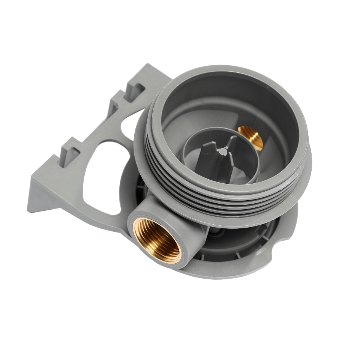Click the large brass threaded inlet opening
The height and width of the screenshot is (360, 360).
157,238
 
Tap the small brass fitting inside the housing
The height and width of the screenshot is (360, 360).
249,136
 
